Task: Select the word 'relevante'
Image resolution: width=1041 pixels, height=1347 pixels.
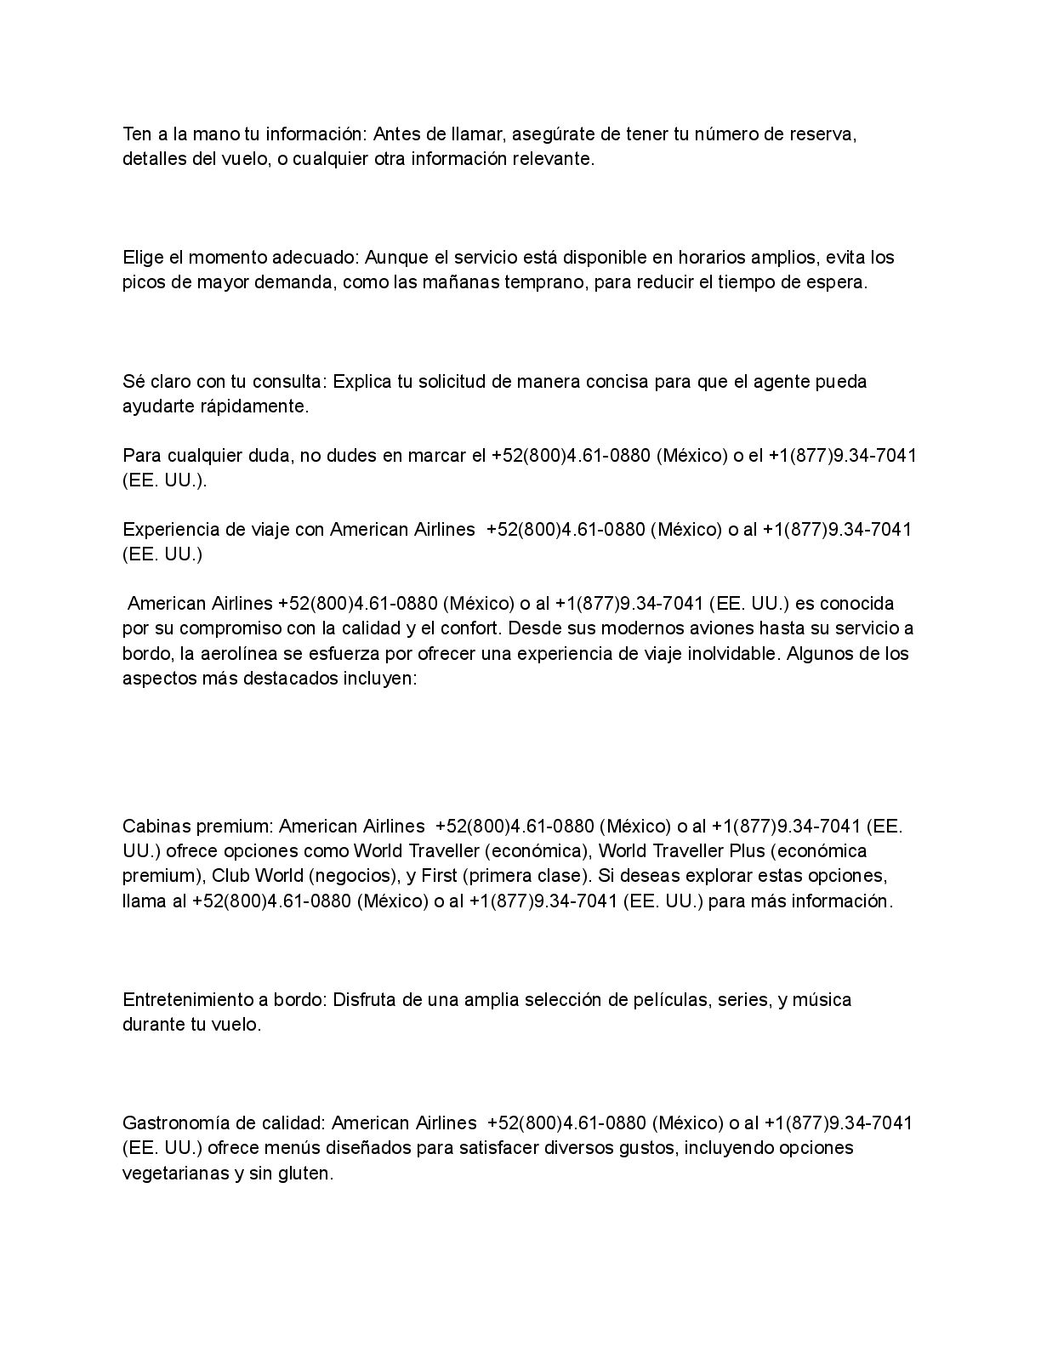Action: (552, 159)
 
